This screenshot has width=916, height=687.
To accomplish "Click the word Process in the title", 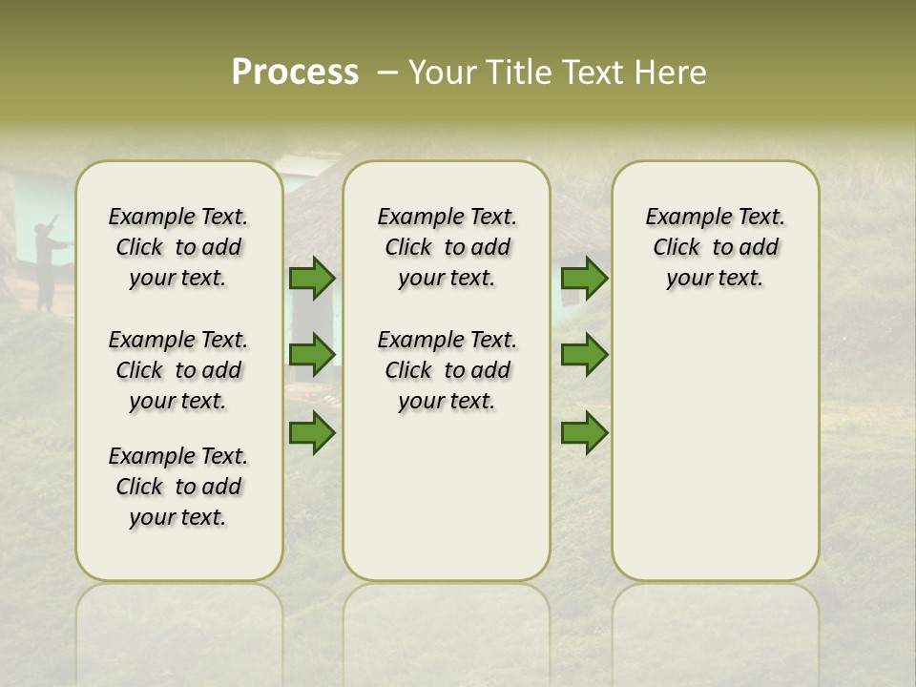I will (295, 73).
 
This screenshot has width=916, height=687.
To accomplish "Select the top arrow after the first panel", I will (312, 279).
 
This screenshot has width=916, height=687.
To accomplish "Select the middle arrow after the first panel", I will (312, 355).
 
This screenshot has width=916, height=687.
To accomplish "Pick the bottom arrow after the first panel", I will (312, 433).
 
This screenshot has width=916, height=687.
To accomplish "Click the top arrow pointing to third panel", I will (584, 279).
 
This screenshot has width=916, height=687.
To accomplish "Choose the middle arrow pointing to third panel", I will (584, 355).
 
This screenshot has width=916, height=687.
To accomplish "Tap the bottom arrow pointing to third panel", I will (584, 433).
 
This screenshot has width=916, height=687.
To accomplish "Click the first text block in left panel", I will (178, 247).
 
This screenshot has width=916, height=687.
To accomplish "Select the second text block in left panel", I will (178, 370).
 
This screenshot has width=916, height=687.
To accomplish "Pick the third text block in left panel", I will (178, 487).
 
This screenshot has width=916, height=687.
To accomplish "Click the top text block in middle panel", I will (447, 247).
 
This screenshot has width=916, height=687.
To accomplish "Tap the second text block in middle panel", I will (447, 370).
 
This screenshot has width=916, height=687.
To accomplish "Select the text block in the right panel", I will (715, 247).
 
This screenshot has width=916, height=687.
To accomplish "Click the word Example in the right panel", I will (680, 218).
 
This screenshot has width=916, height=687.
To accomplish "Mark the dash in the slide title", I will (386, 73).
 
